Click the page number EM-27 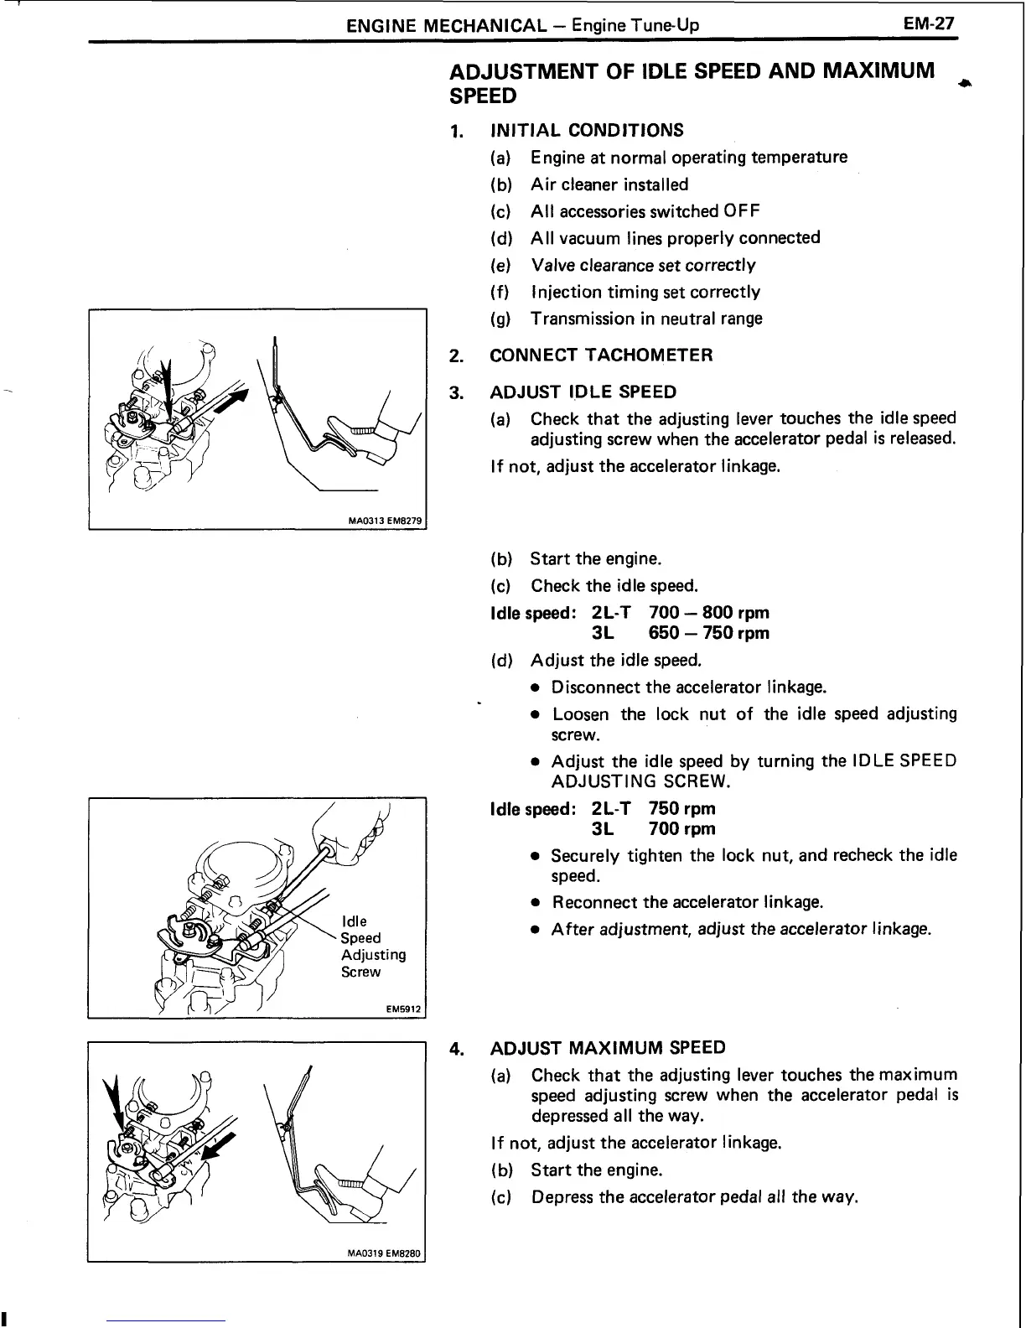click(929, 23)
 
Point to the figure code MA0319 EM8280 click(386, 1254)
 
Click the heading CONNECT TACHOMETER click(601, 355)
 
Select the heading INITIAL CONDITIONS click(586, 130)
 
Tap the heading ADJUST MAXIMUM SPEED click(607, 1048)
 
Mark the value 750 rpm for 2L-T click(681, 809)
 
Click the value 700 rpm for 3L click(681, 829)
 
